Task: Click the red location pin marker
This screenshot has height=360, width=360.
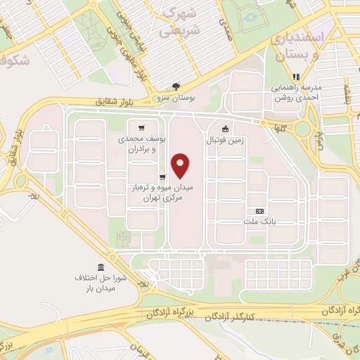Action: tap(181, 165)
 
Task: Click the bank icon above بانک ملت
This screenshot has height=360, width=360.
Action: tap(259, 211)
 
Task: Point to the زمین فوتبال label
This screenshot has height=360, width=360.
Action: tap(224, 140)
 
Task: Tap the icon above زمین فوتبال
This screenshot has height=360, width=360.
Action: tap(224, 129)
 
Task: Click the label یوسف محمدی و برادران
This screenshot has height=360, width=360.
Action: tap(142, 145)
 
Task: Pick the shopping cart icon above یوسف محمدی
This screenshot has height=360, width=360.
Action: tap(142, 129)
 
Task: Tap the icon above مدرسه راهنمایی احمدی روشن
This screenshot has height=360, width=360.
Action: tap(296, 77)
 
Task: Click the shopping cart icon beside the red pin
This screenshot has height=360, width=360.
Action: tap(162, 177)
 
